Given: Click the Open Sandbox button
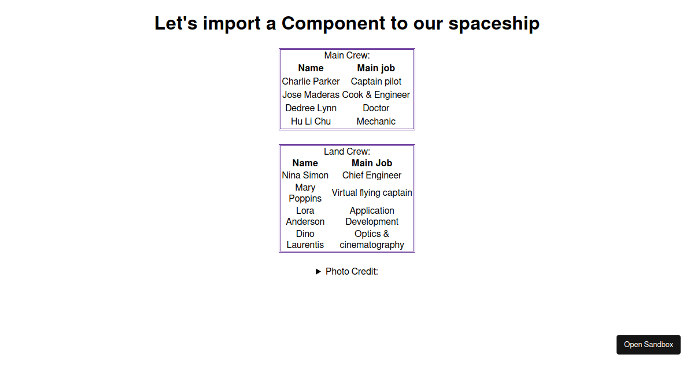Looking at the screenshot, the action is pyautogui.click(x=648, y=345).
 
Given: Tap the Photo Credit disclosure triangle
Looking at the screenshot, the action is pyautogui.click(x=318, y=272).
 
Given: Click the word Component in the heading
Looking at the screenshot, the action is pyautogui.click(x=333, y=24).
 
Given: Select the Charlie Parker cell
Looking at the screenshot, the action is pyautogui.click(x=311, y=81).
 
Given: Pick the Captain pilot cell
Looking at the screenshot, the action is pyautogui.click(x=376, y=81).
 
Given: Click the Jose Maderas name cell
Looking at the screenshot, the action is pyautogui.click(x=311, y=94).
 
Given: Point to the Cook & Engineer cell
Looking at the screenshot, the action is pyautogui.click(x=376, y=94).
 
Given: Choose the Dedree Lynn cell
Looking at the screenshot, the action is pyautogui.click(x=311, y=108).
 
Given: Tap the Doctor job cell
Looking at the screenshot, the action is pyautogui.click(x=376, y=108).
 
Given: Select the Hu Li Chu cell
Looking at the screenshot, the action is pyautogui.click(x=311, y=121).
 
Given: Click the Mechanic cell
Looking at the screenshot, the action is pyautogui.click(x=376, y=121).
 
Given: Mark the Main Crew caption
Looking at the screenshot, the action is pyautogui.click(x=347, y=55).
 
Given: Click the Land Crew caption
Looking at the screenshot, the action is pyautogui.click(x=347, y=151).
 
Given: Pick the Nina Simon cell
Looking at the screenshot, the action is pyautogui.click(x=305, y=176).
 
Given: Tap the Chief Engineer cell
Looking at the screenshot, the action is pyautogui.click(x=372, y=176).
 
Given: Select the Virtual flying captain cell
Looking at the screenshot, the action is pyautogui.click(x=372, y=193).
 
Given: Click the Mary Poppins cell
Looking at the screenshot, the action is pyautogui.click(x=305, y=193).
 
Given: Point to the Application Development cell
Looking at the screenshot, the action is pyautogui.click(x=372, y=216).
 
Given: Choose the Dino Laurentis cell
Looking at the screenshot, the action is pyautogui.click(x=305, y=239).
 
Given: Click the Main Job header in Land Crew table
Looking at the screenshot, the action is pyautogui.click(x=372, y=163).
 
